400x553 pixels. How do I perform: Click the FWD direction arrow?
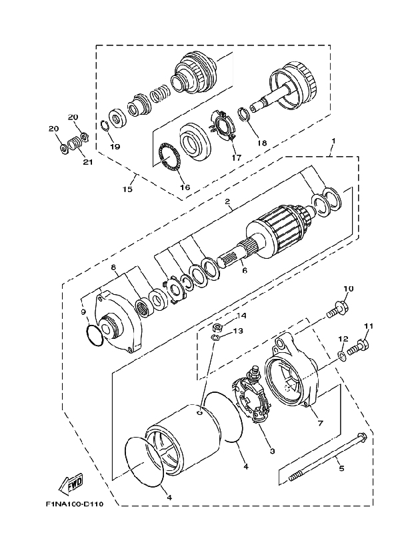[69, 483]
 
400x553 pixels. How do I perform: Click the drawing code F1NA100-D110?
[75, 504]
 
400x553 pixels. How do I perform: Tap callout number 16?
[185, 187]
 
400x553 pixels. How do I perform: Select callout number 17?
[237, 157]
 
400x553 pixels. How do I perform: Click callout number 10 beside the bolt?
[349, 289]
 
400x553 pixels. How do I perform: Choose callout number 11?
[368, 326]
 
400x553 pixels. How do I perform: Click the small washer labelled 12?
[342, 354]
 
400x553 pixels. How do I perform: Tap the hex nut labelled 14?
[217, 328]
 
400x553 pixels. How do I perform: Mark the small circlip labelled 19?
[104, 125]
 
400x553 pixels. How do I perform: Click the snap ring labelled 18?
[245, 114]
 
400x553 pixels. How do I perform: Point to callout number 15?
[127, 189]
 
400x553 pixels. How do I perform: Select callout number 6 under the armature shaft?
[245, 270]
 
